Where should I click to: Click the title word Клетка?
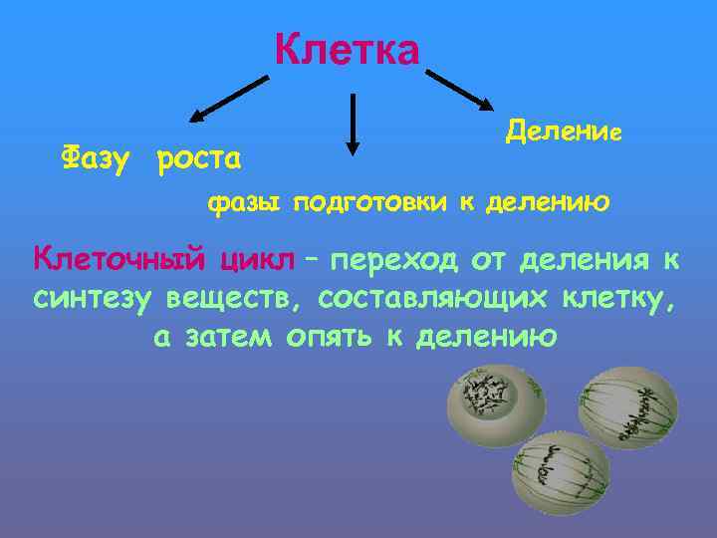pyautogui.click(x=348, y=49)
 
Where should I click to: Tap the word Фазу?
pyautogui.click(x=96, y=157)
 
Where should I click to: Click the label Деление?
pyautogui.click(x=564, y=131)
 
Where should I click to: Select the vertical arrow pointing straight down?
pyautogui.click(x=351, y=125)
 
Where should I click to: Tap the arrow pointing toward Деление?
pyautogui.click(x=459, y=90)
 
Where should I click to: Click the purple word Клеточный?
pyautogui.click(x=119, y=260)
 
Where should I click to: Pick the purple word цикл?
pyautogui.click(x=258, y=260)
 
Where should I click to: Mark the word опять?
pyautogui.click(x=330, y=336)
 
